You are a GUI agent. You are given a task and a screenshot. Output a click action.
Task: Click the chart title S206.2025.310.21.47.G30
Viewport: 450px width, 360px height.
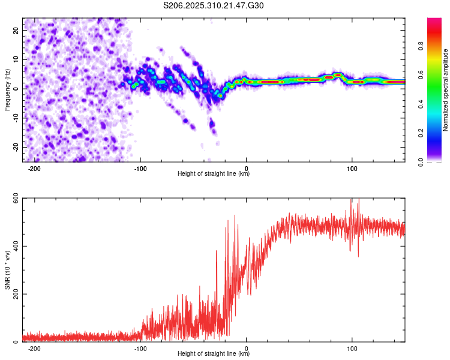214,5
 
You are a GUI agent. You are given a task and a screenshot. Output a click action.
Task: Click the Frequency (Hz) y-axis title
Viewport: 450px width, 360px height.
7,89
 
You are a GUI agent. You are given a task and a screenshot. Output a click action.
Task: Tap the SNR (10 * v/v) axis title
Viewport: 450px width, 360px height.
7,270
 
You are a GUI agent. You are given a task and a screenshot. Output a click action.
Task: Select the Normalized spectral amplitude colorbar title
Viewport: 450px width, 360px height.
445,90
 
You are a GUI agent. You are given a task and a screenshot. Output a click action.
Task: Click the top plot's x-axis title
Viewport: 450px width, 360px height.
214,173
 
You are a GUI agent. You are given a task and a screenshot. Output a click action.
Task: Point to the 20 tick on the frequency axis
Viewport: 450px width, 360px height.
16,30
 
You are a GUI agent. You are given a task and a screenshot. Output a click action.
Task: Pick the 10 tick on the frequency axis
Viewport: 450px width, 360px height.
16,59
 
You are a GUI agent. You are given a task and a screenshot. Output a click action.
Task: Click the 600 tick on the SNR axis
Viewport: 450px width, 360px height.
14,198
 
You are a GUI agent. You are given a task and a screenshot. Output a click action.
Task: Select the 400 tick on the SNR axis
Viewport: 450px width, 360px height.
14,246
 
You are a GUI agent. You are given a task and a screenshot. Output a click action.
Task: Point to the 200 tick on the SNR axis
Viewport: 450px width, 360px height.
14,294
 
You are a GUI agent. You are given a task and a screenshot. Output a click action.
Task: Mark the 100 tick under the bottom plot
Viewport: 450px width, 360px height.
352,348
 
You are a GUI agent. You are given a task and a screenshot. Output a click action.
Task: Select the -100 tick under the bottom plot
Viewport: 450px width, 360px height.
140,348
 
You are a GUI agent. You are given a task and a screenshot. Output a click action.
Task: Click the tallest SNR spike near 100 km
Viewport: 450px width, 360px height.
359,200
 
